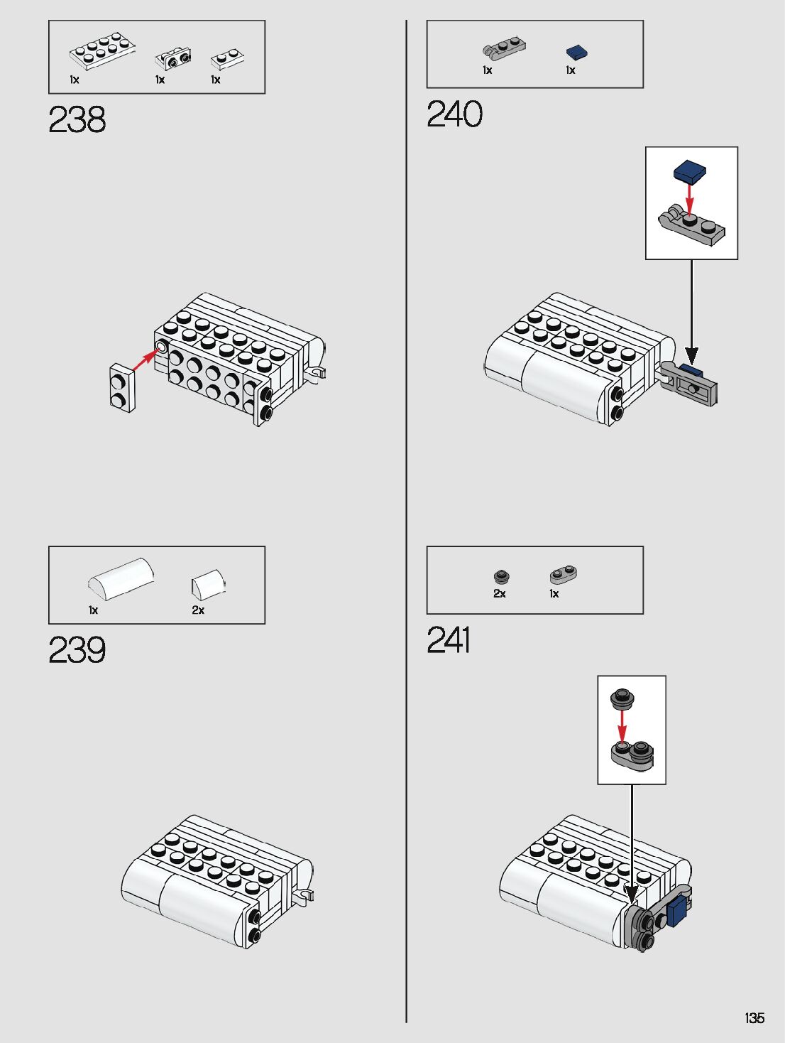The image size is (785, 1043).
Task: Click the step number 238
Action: [77, 119]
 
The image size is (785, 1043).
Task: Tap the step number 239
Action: [77, 650]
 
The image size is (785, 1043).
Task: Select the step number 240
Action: [455, 114]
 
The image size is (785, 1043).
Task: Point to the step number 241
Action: [449, 640]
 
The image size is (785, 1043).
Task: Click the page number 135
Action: [754, 1018]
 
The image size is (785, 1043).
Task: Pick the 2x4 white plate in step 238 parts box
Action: [103, 50]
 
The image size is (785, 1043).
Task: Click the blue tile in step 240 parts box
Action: [576, 53]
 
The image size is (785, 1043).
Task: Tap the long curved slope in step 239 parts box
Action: [121, 578]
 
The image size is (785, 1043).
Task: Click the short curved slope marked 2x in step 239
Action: [207, 584]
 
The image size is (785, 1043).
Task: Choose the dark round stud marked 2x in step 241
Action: [502, 576]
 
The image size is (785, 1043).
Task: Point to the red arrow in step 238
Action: [146, 359]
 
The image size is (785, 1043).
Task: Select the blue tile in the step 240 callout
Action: [690, 171]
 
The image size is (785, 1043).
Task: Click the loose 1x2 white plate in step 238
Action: [121, 388]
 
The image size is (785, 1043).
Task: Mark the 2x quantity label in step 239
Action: [198, 610]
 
